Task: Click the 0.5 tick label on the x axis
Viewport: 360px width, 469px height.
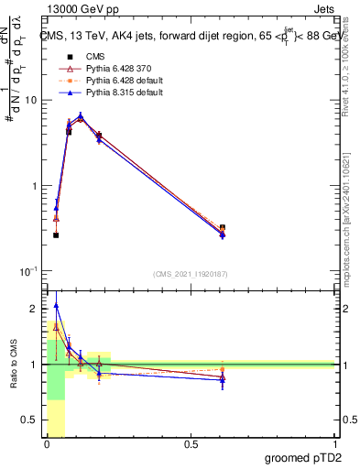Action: (191, 444)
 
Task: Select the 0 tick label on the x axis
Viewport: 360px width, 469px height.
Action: (47, 444)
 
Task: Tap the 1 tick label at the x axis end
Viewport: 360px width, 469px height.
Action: (334, 444)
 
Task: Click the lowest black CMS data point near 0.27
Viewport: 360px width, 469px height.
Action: (56, 235)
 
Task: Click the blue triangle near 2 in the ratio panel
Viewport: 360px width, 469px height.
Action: (56, 306)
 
